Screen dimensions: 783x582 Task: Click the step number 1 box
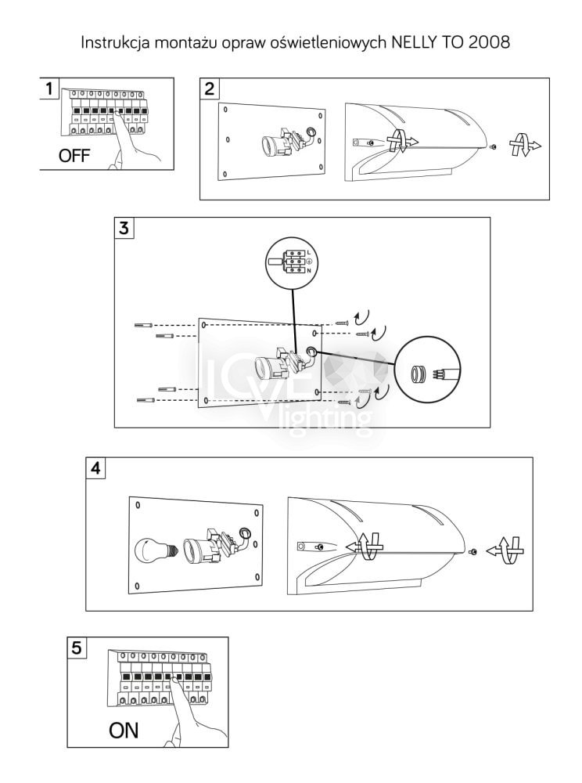pyautogui.click(x=50, y=88)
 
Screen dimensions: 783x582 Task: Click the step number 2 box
pyautogui.click(x=210, y=88)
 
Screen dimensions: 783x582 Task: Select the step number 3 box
pyautogui.click(x=124, y=228)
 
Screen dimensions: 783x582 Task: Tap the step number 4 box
pyautogui.click(x=95, y=468)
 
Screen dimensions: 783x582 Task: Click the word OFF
pyautogui.click(x=74, y=156)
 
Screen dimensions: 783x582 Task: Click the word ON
pyautogui.click(x=123, y=731)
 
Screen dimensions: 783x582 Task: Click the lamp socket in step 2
pyautogui.click(x=278, y=145)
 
